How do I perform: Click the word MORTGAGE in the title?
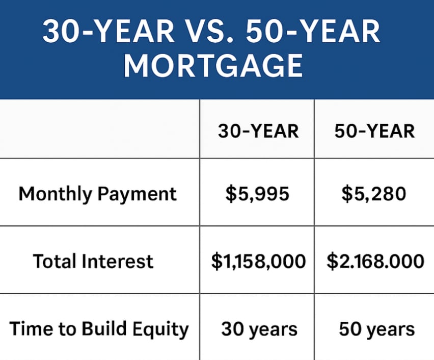point(213,66)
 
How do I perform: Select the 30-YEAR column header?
point(258,131)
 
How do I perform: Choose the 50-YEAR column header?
point(374,131)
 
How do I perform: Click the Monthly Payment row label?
point(97,194)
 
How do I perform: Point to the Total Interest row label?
point(93,261)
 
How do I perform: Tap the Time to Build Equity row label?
point(99,329)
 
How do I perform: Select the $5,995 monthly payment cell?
point(257,194)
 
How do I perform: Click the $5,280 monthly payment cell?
point(374,194)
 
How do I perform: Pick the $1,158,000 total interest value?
point(259,262)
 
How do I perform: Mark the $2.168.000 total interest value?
point(375,261)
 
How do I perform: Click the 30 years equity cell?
point(259,329)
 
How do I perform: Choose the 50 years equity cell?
point(377,329)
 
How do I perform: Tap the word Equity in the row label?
point(160,330)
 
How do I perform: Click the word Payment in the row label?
point(137,194)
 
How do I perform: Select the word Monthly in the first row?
point(55,194)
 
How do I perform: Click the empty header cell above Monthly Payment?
point(100,129)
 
